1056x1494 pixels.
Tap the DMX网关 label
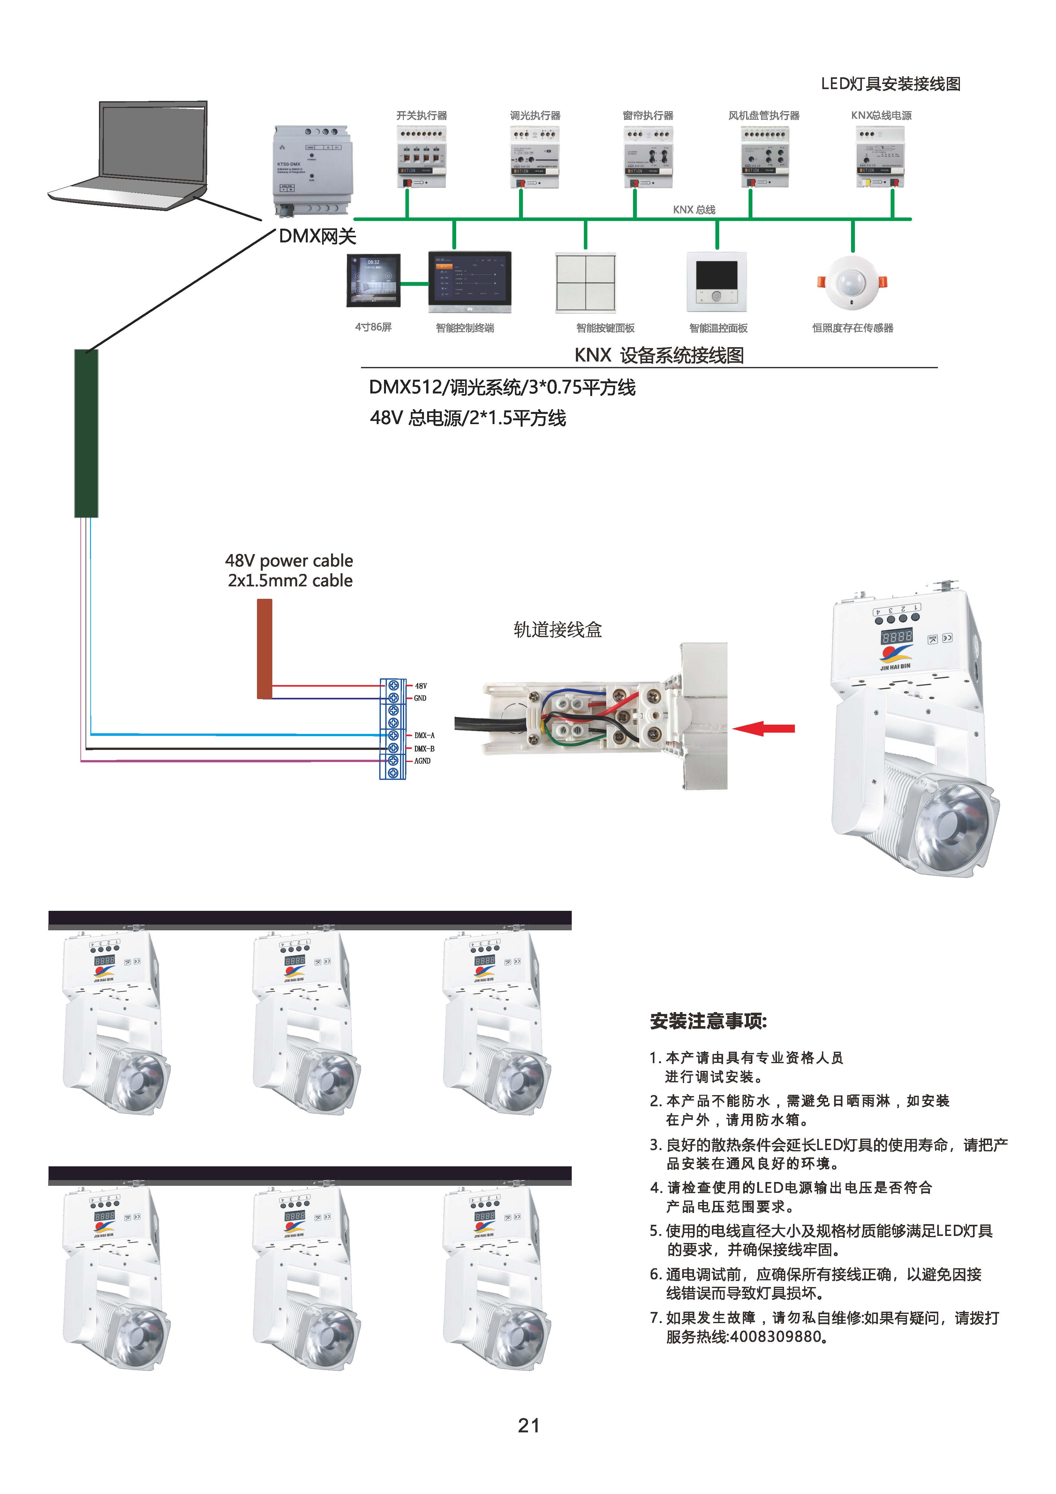point(317,236)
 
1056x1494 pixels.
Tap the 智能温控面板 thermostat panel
point(717,282)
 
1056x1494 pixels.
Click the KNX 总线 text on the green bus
point(694,210)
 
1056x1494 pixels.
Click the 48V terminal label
point(421,686)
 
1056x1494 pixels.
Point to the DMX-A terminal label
point(424,735)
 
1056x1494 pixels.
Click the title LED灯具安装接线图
point(890,84)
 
